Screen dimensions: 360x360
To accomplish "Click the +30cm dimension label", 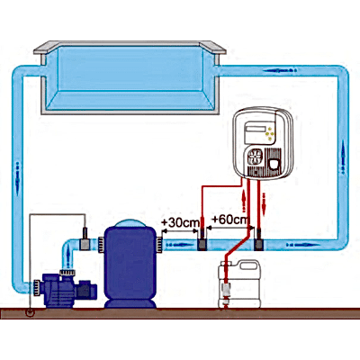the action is (x=180, y=222).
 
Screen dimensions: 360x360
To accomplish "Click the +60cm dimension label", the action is (x=230, y=220).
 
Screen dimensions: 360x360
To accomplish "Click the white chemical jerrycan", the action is (x=239, y=283).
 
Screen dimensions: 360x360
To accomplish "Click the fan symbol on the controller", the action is (x=255, y=157).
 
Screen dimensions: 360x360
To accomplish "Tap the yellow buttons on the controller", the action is (x=271, y=133).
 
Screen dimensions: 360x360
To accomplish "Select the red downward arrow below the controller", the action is (x=264, y=204).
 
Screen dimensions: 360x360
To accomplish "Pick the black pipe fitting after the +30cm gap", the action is (x=202, y=240).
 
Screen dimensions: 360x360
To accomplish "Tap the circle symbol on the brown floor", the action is (x=30, y=312).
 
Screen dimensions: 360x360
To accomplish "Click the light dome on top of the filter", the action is (x=130, y=223).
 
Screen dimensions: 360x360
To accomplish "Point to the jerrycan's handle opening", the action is (x=248, y=265).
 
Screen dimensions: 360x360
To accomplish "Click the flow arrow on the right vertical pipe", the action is (x=344, y=159).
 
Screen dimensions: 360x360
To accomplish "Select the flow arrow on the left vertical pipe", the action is (x=17, y=178).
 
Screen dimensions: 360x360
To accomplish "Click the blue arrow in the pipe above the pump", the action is (x=69, y=256).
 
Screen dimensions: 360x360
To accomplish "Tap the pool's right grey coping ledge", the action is (x=214, y=48).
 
